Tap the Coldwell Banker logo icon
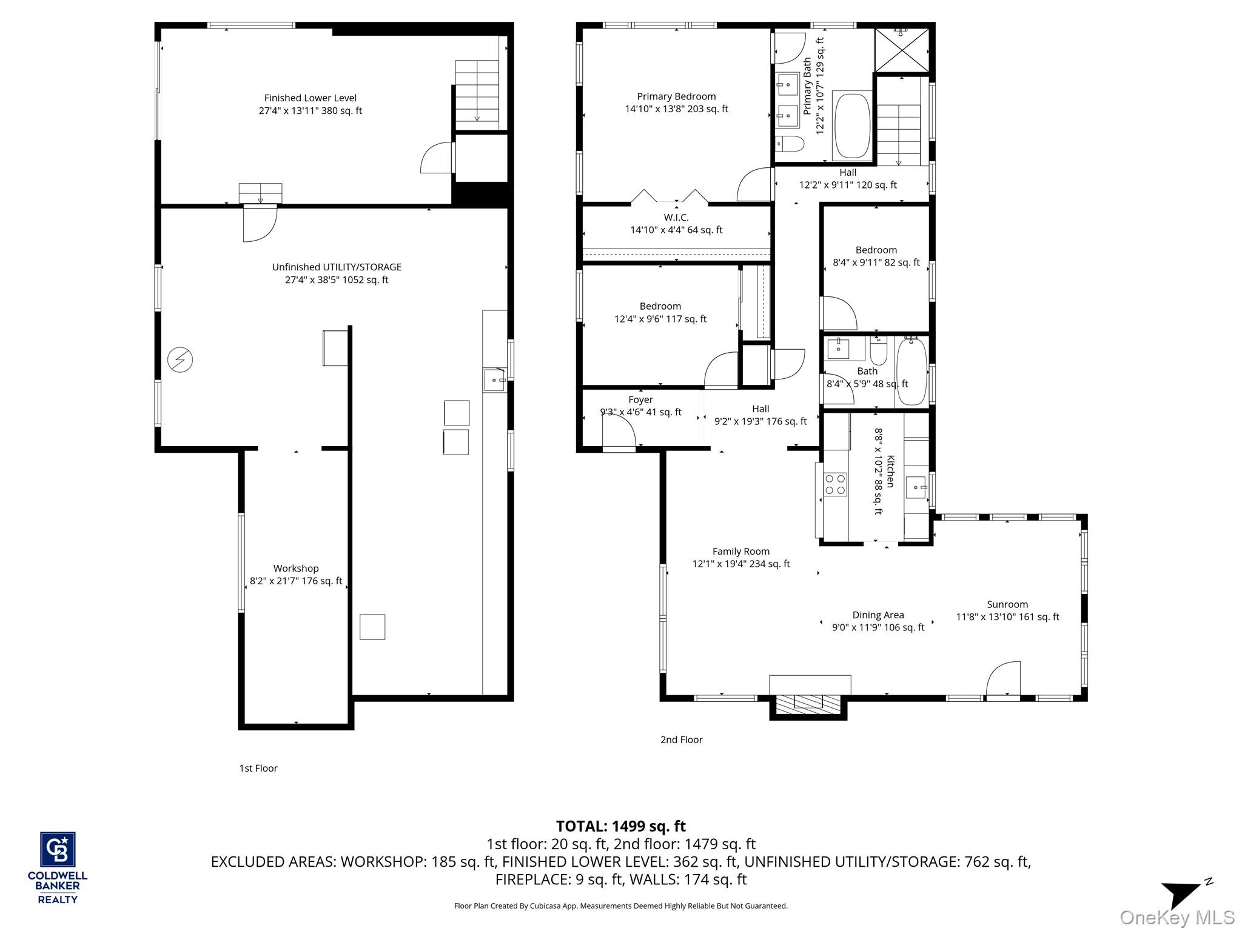58,849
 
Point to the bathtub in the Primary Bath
853,126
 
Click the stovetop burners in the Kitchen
835,485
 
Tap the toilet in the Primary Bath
790,144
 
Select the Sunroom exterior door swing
1003,679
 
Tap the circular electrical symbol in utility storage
180,360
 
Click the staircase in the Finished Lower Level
477,91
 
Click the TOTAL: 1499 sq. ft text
620,826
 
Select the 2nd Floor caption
681,739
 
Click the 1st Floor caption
258,768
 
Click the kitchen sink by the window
916,487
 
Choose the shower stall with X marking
901,50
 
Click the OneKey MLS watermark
1177,917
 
